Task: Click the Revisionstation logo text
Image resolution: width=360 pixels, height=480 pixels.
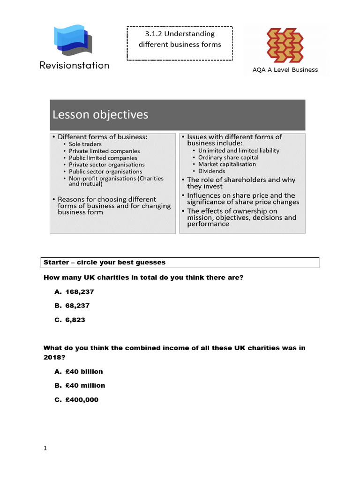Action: [75, 65]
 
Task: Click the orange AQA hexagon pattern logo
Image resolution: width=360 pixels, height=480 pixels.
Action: [285, 45]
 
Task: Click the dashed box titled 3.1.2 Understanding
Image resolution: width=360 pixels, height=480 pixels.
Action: [180, 43]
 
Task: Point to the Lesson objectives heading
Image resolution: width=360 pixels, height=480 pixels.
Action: [100, 115]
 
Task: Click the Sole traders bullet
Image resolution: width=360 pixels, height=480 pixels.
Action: [85, 144]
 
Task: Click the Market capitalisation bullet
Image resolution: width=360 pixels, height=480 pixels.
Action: [227, 165]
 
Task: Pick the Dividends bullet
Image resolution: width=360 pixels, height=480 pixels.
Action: [211, 171]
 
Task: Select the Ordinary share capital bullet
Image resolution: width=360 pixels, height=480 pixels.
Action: [228, 157]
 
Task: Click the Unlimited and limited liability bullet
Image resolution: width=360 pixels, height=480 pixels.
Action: [239, 150]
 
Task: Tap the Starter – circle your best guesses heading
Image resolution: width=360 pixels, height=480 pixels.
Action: [105, 262]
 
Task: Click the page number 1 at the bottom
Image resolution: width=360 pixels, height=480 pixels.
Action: [45, 449]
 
